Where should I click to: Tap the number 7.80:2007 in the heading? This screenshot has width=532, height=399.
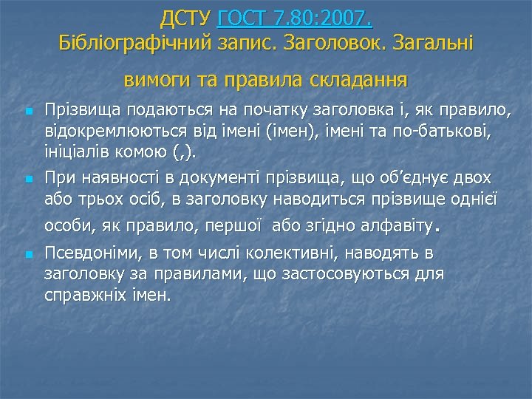pyautogui.click(x=327, y=16)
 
